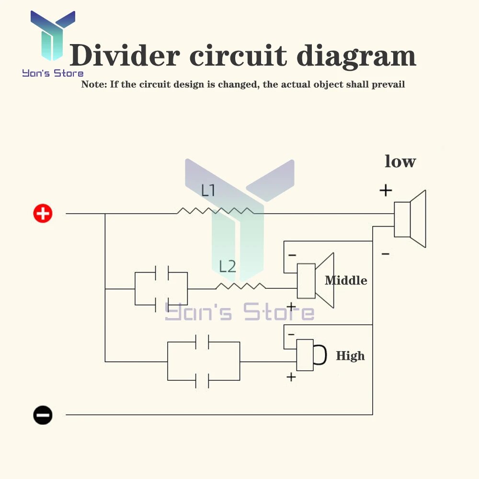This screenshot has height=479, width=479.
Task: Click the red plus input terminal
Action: [43, 213]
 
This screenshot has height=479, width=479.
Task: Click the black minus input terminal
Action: [43, 415]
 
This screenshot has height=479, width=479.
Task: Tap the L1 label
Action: [208, 190]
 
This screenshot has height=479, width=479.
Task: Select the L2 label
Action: [228, 266]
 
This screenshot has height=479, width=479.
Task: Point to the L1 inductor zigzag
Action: [216, 211]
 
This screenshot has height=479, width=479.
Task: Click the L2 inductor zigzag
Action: [241, 286]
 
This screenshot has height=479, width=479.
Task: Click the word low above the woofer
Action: [400, 161]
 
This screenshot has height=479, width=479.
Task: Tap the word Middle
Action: [346, 280]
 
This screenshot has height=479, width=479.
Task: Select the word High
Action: [351, 356]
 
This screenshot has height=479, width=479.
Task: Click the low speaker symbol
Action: [410, 219]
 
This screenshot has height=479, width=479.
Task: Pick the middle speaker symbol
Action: [315, 280]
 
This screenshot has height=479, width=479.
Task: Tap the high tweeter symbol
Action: [311, 355]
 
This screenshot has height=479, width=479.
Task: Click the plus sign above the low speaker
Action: [386, 190]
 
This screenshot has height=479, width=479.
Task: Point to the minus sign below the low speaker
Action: [386, 253]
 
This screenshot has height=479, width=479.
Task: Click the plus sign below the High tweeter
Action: [291, 377]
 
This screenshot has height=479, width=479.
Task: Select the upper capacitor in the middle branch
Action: [162, 273]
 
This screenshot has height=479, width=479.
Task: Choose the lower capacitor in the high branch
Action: [202, 380]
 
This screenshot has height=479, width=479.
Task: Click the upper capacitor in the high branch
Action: [202, 342]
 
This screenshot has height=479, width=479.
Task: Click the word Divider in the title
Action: [125, 55]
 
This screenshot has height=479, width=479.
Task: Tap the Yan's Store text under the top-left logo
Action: [53, 73]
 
